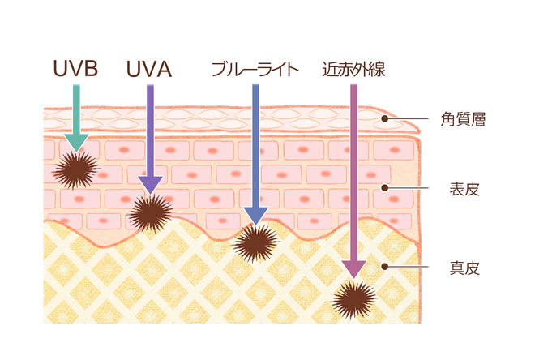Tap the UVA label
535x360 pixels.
coord(148,69)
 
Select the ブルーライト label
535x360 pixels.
coord(255,69)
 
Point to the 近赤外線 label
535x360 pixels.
coord(353,69)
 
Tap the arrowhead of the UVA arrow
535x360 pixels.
coord(150,184)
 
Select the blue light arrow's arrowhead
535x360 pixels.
coord(256,215)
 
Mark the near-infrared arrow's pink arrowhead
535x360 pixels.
coord(353,270)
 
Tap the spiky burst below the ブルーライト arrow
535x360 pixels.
coord(256,241)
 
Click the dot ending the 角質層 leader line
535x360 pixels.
coord(387,120)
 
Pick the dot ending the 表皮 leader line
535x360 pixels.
coord(387,190)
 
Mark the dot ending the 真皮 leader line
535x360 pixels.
coord(387,267)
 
